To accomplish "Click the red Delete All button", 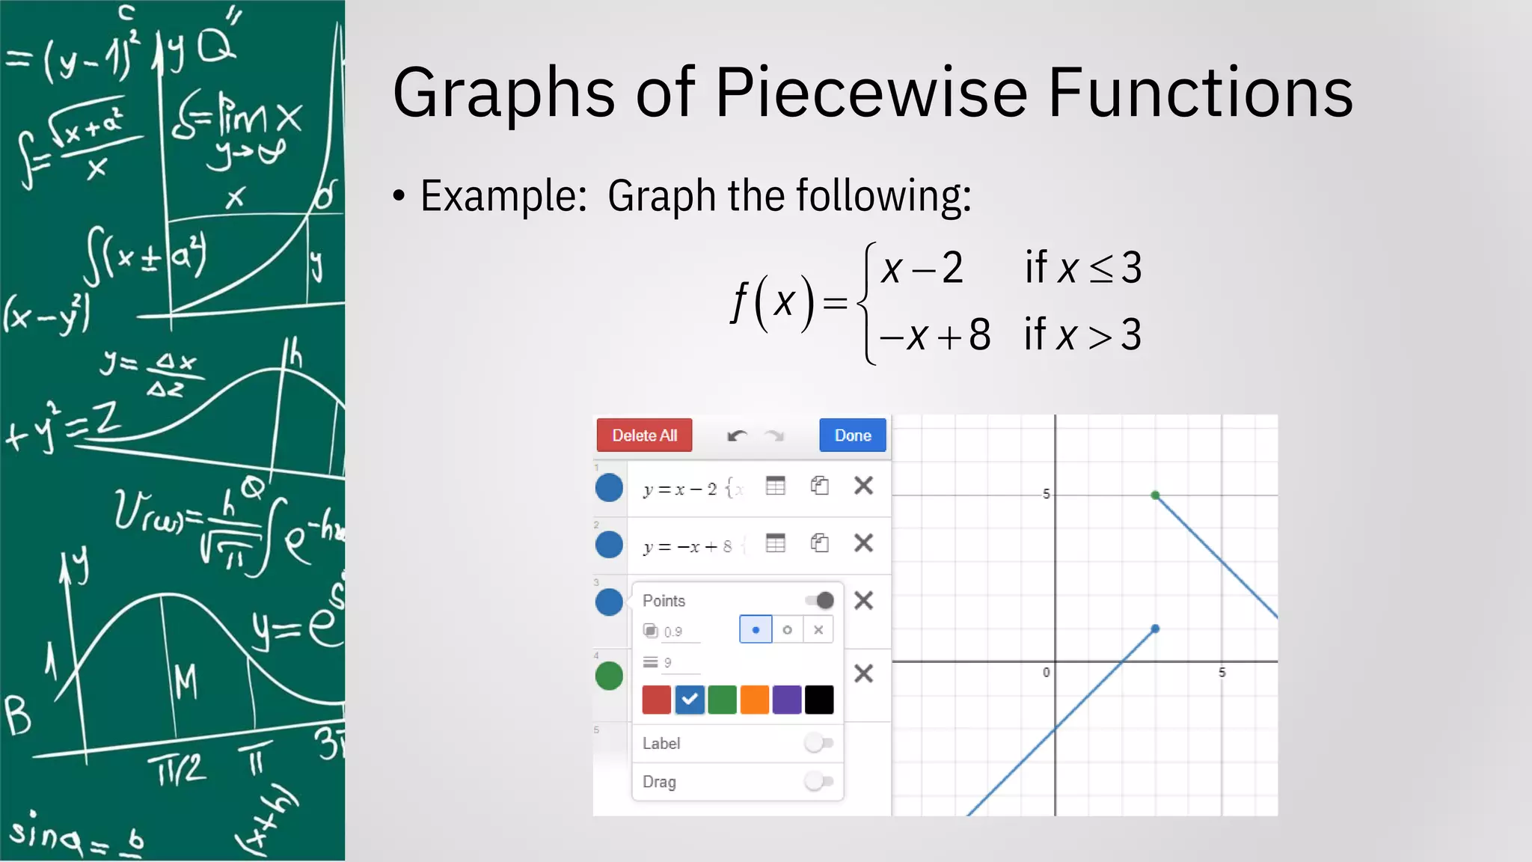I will pyautogui.click(x=644, y=435).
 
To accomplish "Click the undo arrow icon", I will pyautogui.click(x=737, y=435).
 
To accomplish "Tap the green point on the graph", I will pyautogui.click(x=1155, y=495).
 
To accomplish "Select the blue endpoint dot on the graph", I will pyautogui.click(x=1155, y=629).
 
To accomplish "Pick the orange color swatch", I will pyautogui.click(x=754, y=700).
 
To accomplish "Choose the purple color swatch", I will pyautogui.click(x=787, y=700).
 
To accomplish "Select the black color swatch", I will pyautogui.click(x=819, y=700).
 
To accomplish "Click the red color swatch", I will pyautogui.click(x=656, y=700).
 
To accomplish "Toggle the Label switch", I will pyautogui.click(x=818, y=743).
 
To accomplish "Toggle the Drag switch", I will pyautogui.click(x=818, y=782).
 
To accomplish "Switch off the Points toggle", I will pyautogui.click(x=820, y=600).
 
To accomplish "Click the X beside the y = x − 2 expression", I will pyautogui.click(x=863, y=486).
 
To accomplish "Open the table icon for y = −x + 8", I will pyautogui.click(x=776, y=543).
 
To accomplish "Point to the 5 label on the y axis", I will pyautogui.click(x=1046, y=494).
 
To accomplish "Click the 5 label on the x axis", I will pyautogui.click(x=1222, y=673).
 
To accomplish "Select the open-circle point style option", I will pyautogui.click(x=787, y=630).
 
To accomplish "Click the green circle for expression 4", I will pyautogui.click(x=609, y=676).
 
